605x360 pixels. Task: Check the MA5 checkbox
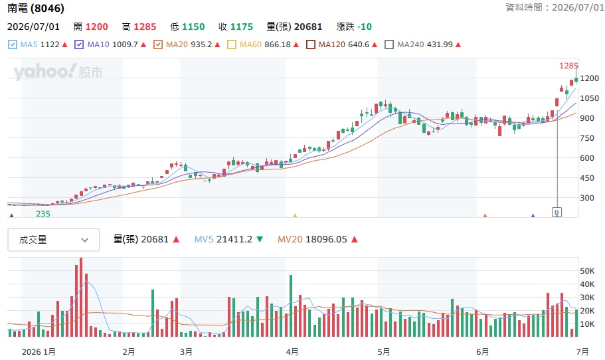coord(13,45)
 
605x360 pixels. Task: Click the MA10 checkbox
coord(79,45)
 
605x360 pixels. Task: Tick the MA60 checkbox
coord(232,45)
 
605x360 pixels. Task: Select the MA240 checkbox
coord(389,45)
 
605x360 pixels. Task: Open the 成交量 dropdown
coord(54,240)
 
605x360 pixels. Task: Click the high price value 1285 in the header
coord(145,27)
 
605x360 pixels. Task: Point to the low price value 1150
coord(193,27)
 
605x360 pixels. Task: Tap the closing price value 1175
coord(242,27)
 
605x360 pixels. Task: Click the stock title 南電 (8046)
coord(36,8)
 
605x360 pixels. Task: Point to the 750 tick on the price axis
coord(587,137)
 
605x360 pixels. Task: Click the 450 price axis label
coord(587,178)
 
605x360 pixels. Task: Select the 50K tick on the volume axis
coord(587,271)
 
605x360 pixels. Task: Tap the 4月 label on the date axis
coord(292,352)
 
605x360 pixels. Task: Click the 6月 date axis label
coord(482,352)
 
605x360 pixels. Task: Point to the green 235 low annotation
coord(43,214)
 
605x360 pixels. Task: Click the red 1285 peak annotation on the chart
coord(568,66)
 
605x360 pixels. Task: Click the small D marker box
coord(557,212)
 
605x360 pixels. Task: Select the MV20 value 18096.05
coord(327,239)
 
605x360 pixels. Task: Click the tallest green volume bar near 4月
coord(291,306)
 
